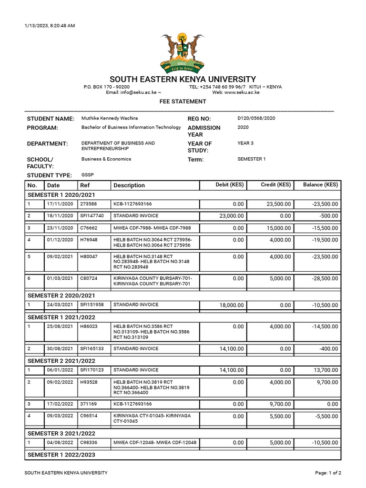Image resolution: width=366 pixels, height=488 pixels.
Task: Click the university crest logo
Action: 183,52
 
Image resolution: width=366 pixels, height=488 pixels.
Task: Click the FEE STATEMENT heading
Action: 183,102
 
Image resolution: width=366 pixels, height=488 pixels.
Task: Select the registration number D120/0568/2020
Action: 256,118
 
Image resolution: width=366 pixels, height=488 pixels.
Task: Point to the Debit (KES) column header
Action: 230,185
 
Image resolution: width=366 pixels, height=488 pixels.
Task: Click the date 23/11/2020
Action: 60,228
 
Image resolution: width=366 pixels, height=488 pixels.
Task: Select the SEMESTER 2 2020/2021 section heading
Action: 61,295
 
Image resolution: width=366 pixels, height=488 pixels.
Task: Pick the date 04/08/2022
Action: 60,443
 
